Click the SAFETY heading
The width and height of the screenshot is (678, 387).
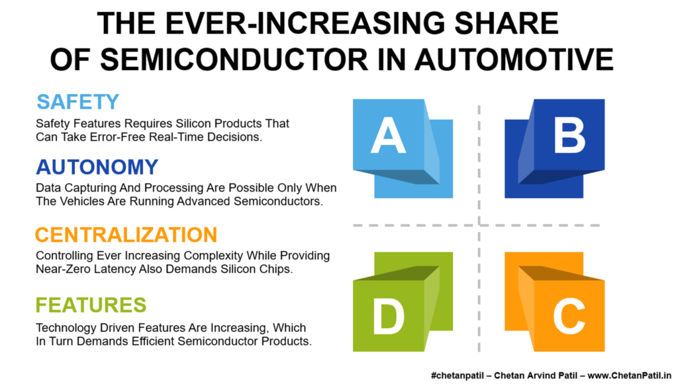pos(78,102)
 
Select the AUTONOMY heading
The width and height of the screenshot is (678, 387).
pos(97,167)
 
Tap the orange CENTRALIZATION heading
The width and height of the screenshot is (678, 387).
pos(126,235)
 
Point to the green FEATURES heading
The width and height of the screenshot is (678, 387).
pos(91,305)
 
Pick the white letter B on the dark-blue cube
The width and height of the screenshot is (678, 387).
pos(569,135)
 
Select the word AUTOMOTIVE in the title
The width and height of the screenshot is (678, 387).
pos(514,59)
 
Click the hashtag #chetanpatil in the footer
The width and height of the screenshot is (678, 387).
pos(457,376)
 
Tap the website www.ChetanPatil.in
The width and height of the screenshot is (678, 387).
pos(629,375)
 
